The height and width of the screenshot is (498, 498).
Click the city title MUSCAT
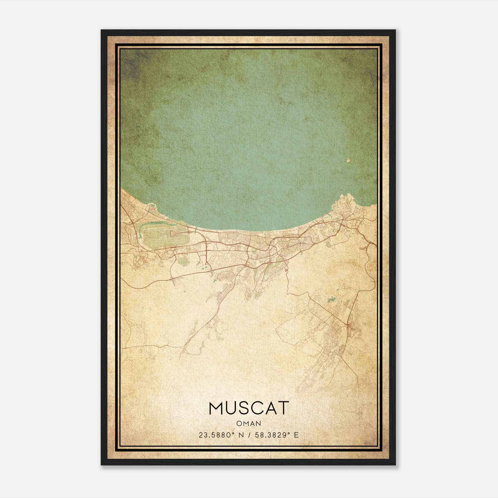[x=249, y=408]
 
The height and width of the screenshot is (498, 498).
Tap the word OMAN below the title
[x=249, y=424]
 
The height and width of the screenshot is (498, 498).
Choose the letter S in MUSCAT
[x=244, y=408]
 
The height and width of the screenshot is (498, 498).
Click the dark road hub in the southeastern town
[x=349, y=325]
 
